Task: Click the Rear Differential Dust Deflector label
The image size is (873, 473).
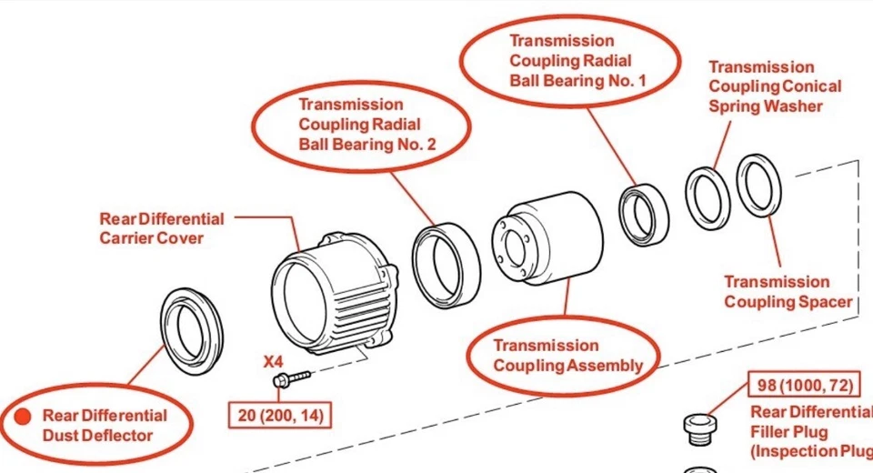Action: [105, 425]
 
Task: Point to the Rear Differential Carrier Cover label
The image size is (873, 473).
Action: [161, 228]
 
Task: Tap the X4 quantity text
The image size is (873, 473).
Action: [274, 360]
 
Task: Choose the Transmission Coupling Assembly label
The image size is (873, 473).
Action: [567, 356]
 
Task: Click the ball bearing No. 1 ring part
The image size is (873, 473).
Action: [644, 216]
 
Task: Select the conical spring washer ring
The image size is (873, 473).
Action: [707, 197]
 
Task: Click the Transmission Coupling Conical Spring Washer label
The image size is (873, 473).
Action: [774, 86]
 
